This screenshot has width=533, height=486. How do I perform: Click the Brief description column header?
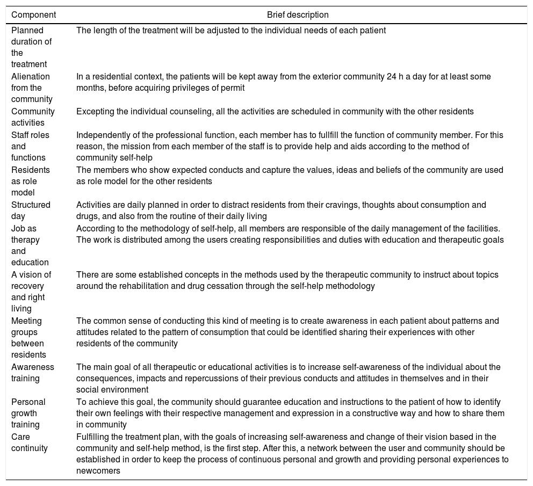298,15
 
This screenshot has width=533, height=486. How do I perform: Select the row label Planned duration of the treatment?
31,47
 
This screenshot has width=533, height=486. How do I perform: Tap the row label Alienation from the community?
32,88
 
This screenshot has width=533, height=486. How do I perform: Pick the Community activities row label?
33,117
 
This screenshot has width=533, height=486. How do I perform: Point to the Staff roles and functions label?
30,147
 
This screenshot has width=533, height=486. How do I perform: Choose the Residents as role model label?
31,181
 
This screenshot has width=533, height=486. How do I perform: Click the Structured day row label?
31,210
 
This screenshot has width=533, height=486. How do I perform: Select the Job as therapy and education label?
30,245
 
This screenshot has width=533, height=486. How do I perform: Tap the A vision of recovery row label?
31,292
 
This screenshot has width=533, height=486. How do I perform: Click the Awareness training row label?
33,373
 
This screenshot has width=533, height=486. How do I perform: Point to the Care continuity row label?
30,443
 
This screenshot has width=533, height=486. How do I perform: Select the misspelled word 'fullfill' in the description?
308,135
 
